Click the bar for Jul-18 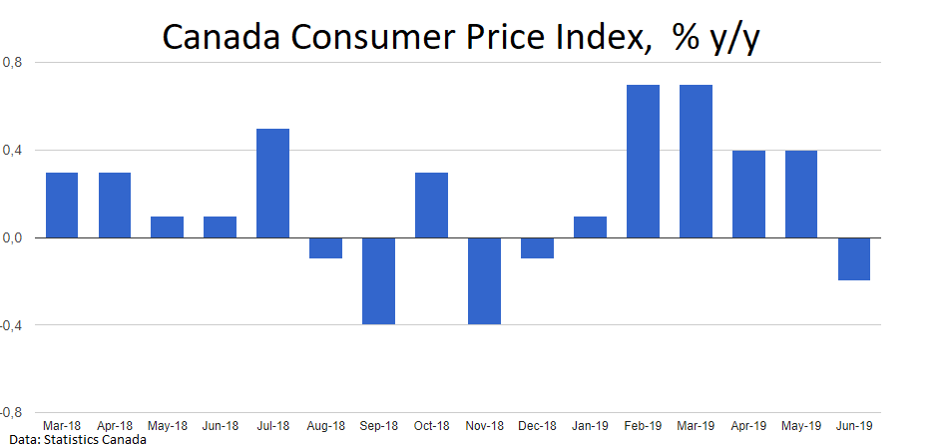[272, 184]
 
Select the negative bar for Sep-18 [378, 280]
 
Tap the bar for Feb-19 [643, 162]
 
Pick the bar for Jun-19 [853, 258]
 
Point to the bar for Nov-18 [484, 280]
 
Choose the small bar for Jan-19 [590, 227]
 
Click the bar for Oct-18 [431, 206]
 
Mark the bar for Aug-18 [325, 247]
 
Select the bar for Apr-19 [748, 195]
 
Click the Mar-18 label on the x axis [62, 426]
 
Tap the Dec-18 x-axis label [537, 426]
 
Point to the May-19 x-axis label [800, 426]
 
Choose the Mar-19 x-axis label [696, 426]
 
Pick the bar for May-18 [167, 227]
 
